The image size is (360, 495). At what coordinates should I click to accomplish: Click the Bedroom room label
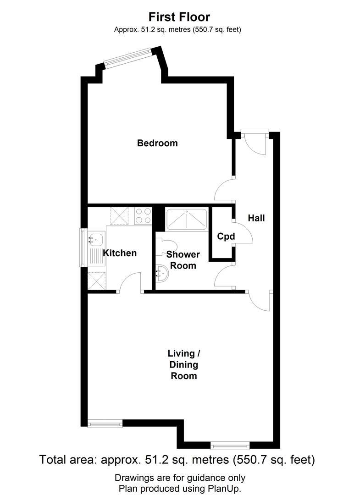(157, 143)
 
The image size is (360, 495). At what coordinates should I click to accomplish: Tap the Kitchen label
(119, 253)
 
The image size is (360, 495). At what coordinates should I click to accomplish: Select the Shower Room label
(183, 260)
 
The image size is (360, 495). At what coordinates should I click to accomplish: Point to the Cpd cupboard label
(226, 236)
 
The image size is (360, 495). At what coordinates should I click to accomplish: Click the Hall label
(256, 218)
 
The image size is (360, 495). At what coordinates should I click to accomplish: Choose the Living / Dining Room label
(184, 365)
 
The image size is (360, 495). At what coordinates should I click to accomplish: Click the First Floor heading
(179, 17)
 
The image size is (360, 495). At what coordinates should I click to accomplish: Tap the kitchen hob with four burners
(143, 215)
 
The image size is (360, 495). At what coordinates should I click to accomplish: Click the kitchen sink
(96, 239)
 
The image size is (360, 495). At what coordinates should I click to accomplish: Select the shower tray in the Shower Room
(186, 220)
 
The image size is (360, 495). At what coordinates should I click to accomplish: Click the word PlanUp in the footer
(226, 489)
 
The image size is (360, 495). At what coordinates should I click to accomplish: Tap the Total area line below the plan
(177, 459)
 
